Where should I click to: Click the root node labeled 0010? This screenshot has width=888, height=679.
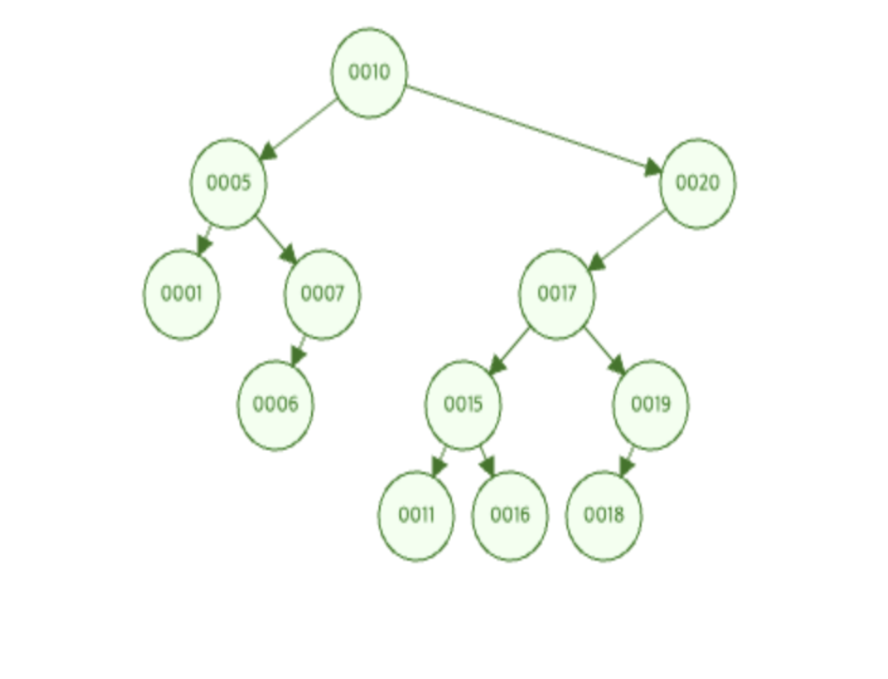pyautogui.click(x=369, y=73)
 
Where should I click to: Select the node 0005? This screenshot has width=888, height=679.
pyautogui.click(x=228, y=184)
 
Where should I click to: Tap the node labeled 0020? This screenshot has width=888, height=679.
pyautogui.click(x=697, y=184)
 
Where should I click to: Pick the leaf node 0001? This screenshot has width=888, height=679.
pyautogui.click(x=182, y=294)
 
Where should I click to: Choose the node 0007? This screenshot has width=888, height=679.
pyautogui.click(x=322, y=294)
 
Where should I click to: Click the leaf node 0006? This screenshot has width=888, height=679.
pyautogui.click(x=275, y=405)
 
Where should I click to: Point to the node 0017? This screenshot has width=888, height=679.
pyautogui.click(x=556, y=294)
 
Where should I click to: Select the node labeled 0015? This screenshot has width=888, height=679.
pyautogui.click(x=463, y=405)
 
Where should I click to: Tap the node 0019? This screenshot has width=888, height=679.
pyautogui.click(x=651, y=405)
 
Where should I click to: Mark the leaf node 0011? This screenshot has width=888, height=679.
pyautogui.click(x=416, y=516)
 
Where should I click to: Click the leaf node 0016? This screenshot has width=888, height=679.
pyautogui.click(x=510, y=516)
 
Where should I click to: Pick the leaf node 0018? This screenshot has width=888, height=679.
pyautogui.click(x=604, y=516)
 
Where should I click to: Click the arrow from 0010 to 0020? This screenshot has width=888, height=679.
pyautogui.click(x=534, y=128)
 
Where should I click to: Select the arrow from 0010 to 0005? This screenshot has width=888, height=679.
pyautogui.click(x=299, y=128)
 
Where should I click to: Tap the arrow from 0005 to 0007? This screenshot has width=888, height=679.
pyautogui.click(x=276, y=240)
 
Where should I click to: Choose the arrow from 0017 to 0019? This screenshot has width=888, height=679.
pyautogui.click(x=604, y=350)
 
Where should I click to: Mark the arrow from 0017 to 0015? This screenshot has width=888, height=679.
pyautogui.click(x=509, y=350)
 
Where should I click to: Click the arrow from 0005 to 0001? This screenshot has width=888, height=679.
pyautogui.click(x=204, y=239)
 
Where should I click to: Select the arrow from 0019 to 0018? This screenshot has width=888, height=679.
pyautogui.click(x=627, y=461)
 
